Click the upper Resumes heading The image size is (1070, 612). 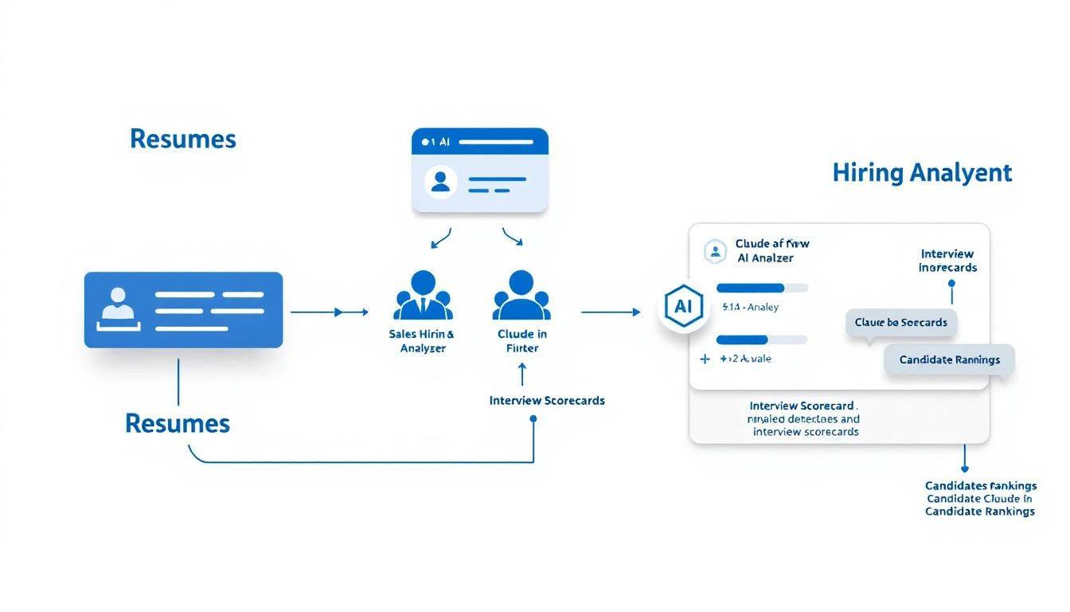point(183,139)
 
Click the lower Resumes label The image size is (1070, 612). point(178,423)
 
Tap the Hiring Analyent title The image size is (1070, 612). point(922,173)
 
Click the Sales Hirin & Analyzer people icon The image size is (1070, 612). point(423,296)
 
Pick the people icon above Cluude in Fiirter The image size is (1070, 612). point(521,296)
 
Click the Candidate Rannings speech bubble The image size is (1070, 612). point(949,359)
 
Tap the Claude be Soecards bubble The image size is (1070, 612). point(900,323)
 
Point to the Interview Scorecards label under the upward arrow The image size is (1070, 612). point(547,400)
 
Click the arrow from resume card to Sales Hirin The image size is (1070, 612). point(328,312)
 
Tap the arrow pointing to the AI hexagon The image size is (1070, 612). point(610,312)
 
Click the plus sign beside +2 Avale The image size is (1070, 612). point(705,359)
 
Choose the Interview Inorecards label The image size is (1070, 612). point(947,261)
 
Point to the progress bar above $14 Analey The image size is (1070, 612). point(762,288)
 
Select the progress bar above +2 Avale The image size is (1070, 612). point(762,339)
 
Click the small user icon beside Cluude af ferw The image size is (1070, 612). point(716,252)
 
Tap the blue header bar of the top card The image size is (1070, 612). point(480,141)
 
